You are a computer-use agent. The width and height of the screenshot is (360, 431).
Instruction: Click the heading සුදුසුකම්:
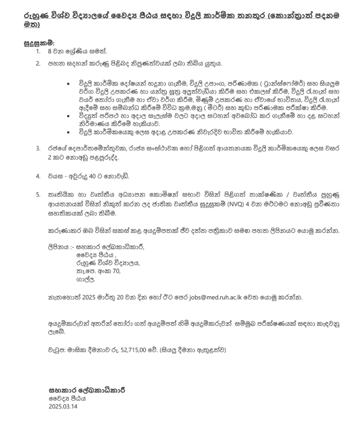[40, 42]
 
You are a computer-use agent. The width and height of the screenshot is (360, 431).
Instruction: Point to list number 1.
[38, 51]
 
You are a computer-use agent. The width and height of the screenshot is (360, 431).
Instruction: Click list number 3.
[38, 148]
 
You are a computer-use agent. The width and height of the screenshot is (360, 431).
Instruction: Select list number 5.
[38, 194]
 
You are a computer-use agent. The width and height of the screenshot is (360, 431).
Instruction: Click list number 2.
[38, 63]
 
